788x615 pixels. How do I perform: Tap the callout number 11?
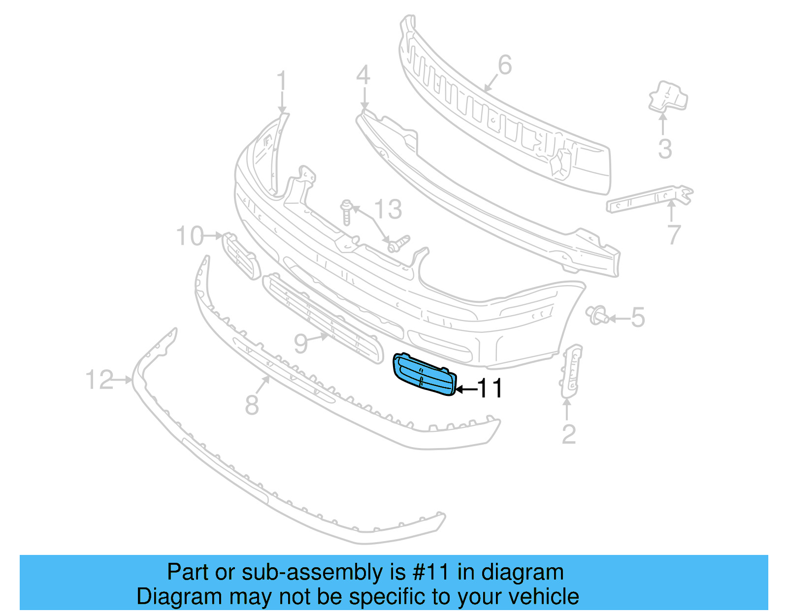491,388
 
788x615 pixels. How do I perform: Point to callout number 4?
363,76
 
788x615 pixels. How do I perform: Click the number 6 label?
505,65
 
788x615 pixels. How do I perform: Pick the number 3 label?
665,149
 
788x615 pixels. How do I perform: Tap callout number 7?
674,234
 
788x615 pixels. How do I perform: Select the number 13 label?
388,209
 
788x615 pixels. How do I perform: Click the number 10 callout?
190,236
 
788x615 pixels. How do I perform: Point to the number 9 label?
301,343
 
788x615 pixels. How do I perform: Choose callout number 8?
252,405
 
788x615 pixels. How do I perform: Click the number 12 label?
99,380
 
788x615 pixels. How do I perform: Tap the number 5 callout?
638,318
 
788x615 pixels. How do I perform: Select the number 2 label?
569,434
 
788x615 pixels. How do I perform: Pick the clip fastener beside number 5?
597,315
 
